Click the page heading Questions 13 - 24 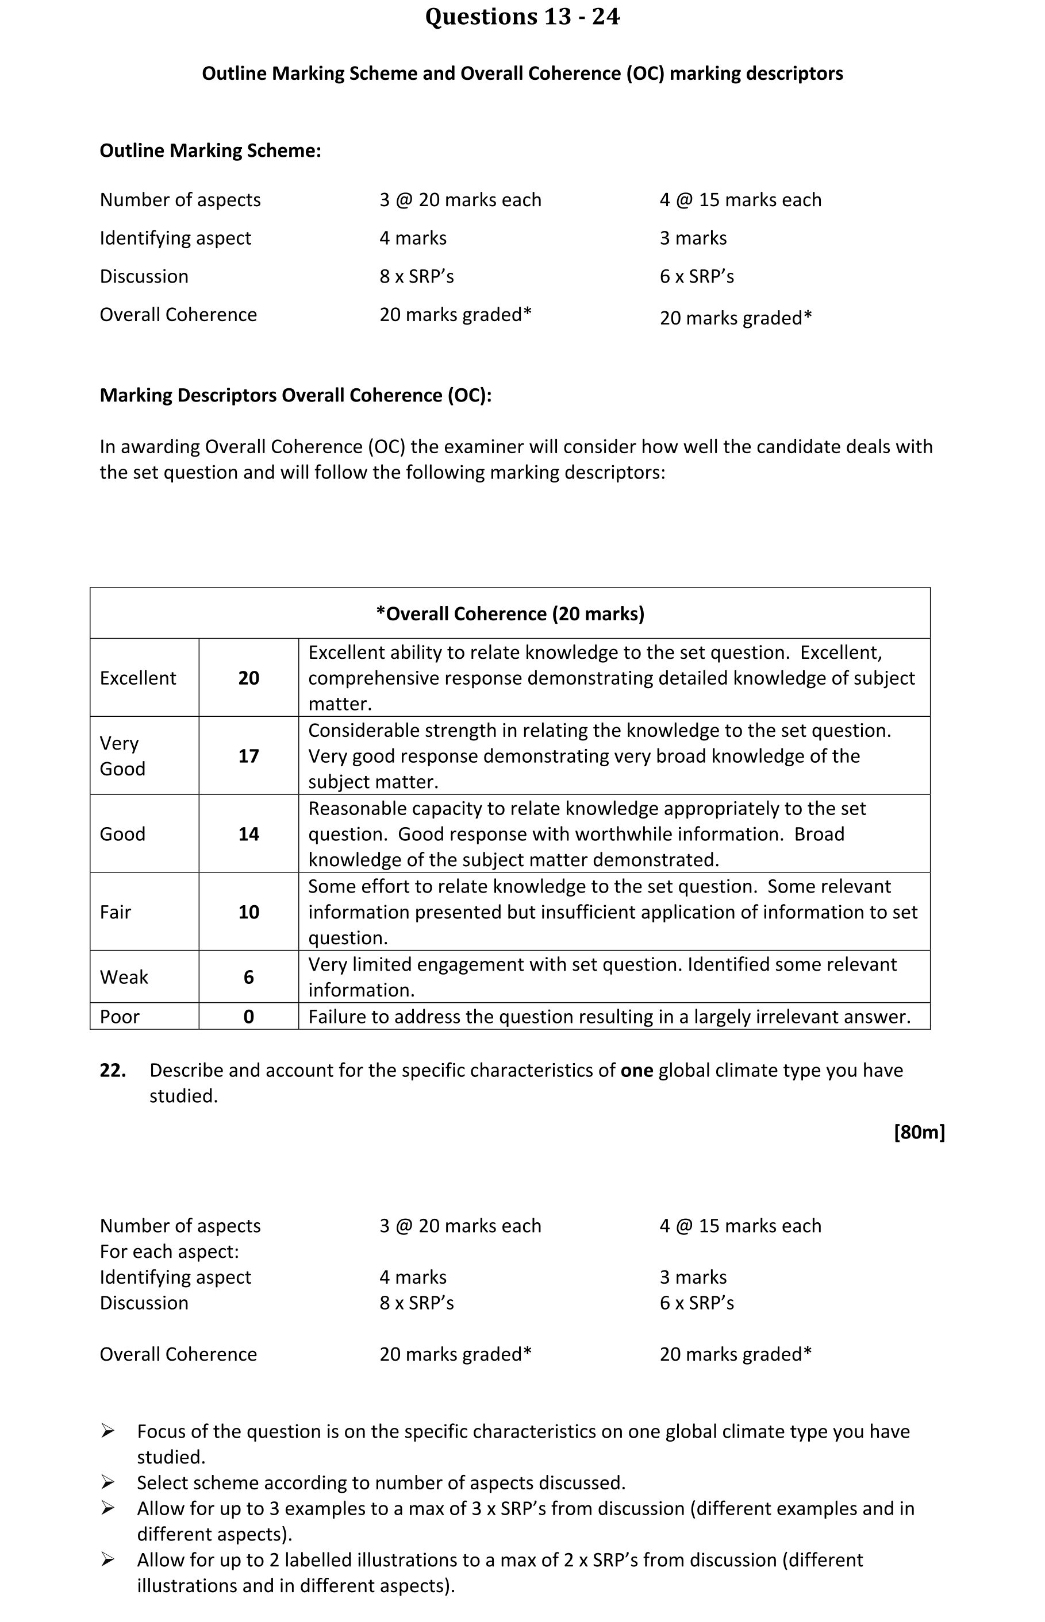click(x=522, y=17)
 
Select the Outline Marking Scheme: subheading click(x=210, y=150)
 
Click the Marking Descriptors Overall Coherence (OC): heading click(x=295, y=395)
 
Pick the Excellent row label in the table click(x=138, y=678)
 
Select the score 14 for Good click(x=248, y=834)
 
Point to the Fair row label click(x=116, y=912)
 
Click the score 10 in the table click(x=248, y=912)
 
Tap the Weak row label click(x=124, y=977)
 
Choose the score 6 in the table click(x=248, y=977)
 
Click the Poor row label click(x=120, y=1017)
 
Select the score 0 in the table click(x=248, y=1017)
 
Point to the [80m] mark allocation click(x=919, y=1131)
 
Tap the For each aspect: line click(x=169, y=1251)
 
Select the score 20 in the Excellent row click(x=248, y=678)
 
